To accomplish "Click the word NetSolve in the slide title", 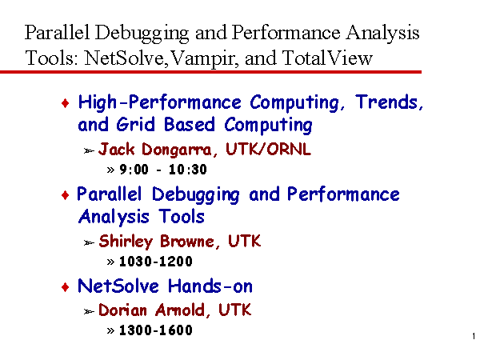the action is [124, 58].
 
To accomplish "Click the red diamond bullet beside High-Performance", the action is [66, 103].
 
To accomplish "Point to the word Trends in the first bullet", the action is [389, 102].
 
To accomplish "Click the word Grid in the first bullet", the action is [135, 124].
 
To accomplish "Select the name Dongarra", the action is [176, 150].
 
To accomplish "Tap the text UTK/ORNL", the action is [268, 149].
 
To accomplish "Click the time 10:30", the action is [188, 170].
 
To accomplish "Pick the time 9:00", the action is [134, 170].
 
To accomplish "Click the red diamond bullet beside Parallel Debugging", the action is [66, 195].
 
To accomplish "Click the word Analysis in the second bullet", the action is [114, 217].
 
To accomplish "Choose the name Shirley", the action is [126, 242].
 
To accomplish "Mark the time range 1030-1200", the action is [156, 261].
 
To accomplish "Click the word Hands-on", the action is [210, 286].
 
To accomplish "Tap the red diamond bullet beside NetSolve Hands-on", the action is [66, 287].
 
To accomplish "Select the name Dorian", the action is [122, 310].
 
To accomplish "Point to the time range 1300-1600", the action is [156, 330].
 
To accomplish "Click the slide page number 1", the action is [474, 336].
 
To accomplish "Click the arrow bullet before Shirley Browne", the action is [89, 242].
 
